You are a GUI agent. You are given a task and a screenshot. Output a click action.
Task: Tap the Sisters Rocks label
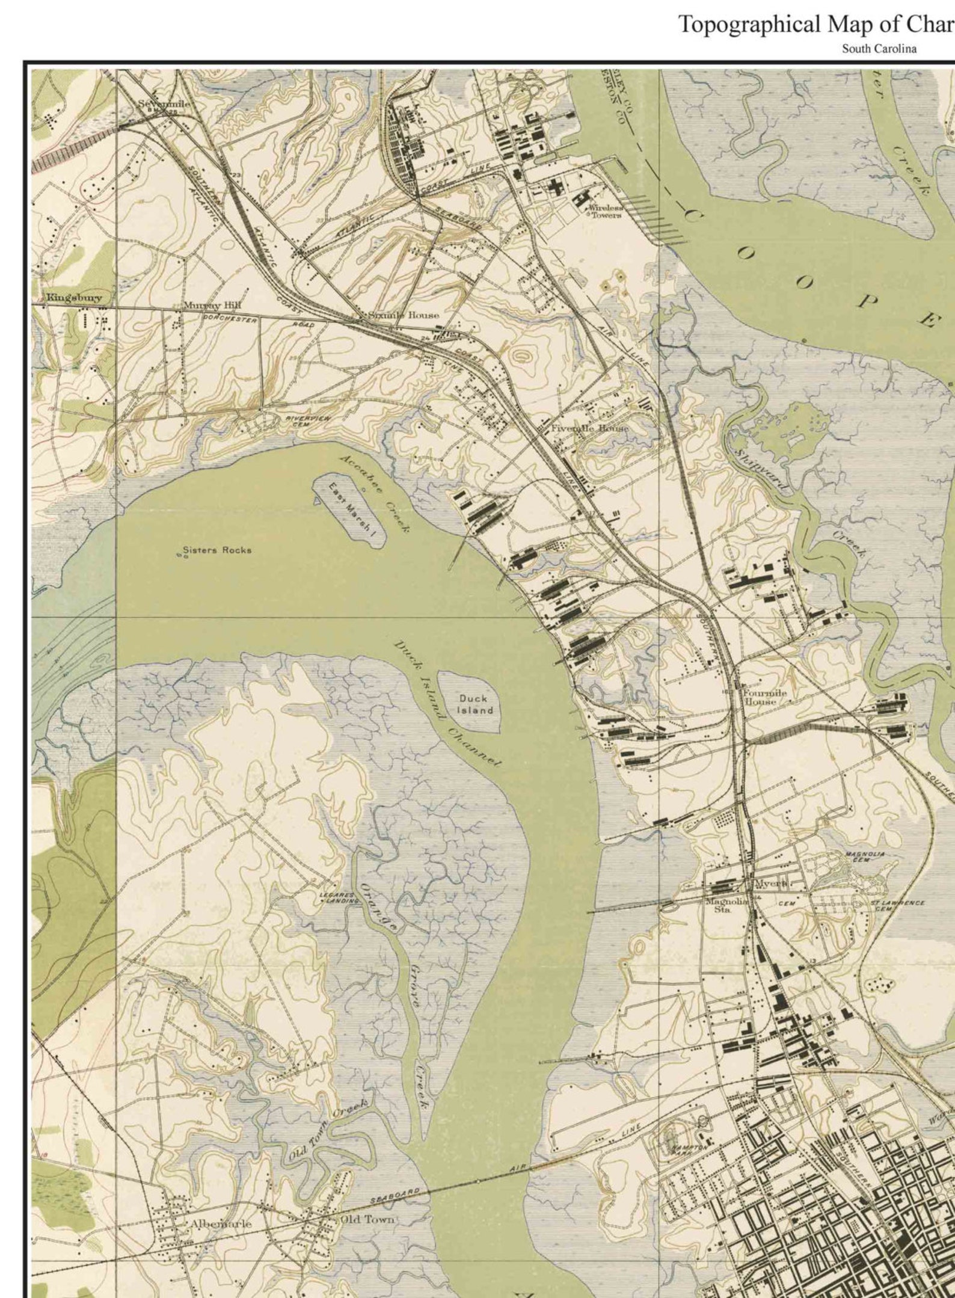(217, 550)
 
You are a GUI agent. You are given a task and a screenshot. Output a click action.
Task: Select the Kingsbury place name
(74, 297)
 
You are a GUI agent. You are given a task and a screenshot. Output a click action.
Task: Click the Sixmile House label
(404, 315)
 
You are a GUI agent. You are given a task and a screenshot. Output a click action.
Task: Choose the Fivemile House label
(589, 428)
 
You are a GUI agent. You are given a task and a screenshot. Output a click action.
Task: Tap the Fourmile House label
(765, 697)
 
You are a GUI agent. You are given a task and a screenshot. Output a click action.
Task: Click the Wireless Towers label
(606, 211)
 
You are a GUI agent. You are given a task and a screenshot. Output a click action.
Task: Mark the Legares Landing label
(339, 898)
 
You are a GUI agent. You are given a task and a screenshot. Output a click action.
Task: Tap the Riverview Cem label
(308, 420)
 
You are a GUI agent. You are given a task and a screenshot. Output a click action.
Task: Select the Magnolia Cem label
(865, 856)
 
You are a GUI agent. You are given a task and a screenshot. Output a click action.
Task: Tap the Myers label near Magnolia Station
(770, 884)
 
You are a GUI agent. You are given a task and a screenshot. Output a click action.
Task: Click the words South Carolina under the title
(879, 49)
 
